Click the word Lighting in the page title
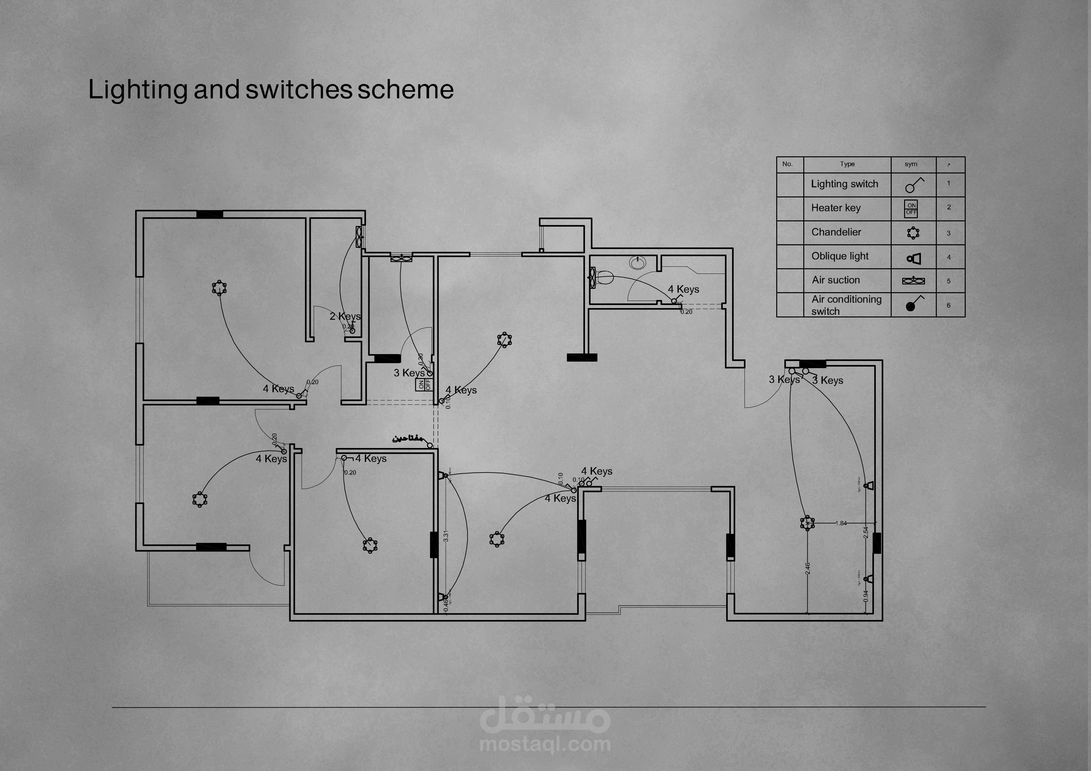(138, 90)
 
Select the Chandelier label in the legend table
(836, 232)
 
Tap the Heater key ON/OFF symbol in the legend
(911, 209)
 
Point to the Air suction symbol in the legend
(913, 281)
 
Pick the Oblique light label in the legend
(840, 256)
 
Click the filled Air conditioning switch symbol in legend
(911, 306)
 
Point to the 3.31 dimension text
(446, 536)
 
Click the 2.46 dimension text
(808, 568)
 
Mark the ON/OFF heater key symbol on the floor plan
(424, 384)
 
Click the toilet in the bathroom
(604, 277)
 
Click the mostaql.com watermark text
(545, 744)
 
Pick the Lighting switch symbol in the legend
(913, 185)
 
